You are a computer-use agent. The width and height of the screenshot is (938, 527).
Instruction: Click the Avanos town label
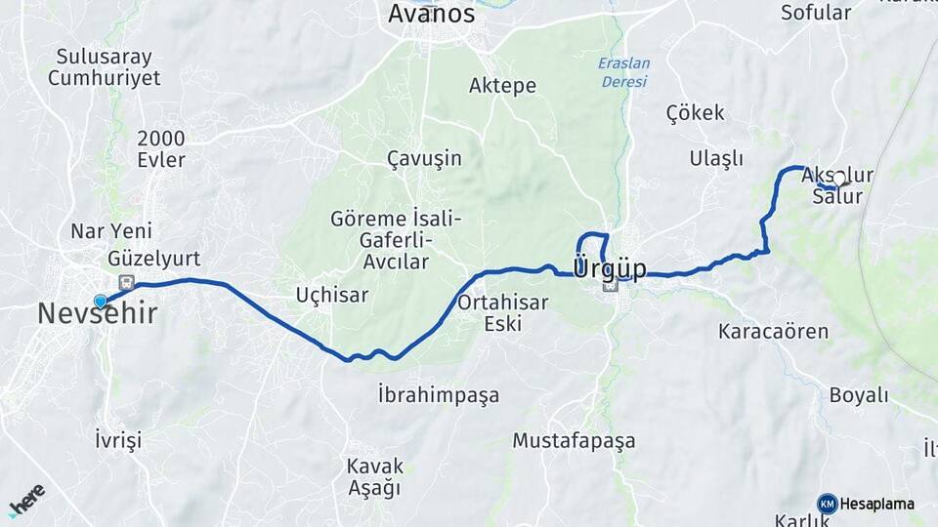point(431,15)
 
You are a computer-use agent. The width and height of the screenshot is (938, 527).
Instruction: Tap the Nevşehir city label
point(97,313)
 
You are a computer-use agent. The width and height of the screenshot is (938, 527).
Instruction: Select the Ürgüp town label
point(609,267)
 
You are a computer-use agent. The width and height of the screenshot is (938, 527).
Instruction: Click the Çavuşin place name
point(424,158)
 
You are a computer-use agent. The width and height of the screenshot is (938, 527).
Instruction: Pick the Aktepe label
point(502,86)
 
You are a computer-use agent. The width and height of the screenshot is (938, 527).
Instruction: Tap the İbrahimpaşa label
point(439,395)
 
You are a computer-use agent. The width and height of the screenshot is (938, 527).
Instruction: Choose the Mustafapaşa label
point(574,441)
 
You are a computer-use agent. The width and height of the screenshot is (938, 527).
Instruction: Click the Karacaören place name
point(773,331)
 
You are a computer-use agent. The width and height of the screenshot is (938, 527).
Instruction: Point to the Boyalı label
point(859,395)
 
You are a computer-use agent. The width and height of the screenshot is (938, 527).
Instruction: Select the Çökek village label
point(696,113)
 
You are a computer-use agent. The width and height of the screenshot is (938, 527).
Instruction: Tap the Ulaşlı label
point(716,159)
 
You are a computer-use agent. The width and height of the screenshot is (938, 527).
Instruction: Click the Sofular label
point(816,13)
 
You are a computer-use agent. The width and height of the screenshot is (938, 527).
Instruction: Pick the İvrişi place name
point(119,440)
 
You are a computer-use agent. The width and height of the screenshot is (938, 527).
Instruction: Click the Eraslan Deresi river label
point(623,72)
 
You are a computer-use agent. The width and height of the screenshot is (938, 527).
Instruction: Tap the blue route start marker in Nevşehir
point(101,303)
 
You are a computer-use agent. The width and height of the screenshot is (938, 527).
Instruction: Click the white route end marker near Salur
point(838,181)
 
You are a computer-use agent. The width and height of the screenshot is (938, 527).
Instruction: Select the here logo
point(26,499)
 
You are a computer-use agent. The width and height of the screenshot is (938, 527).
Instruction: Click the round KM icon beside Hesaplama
point(828,504)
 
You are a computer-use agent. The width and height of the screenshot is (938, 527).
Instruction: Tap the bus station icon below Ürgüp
point(612,286)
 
